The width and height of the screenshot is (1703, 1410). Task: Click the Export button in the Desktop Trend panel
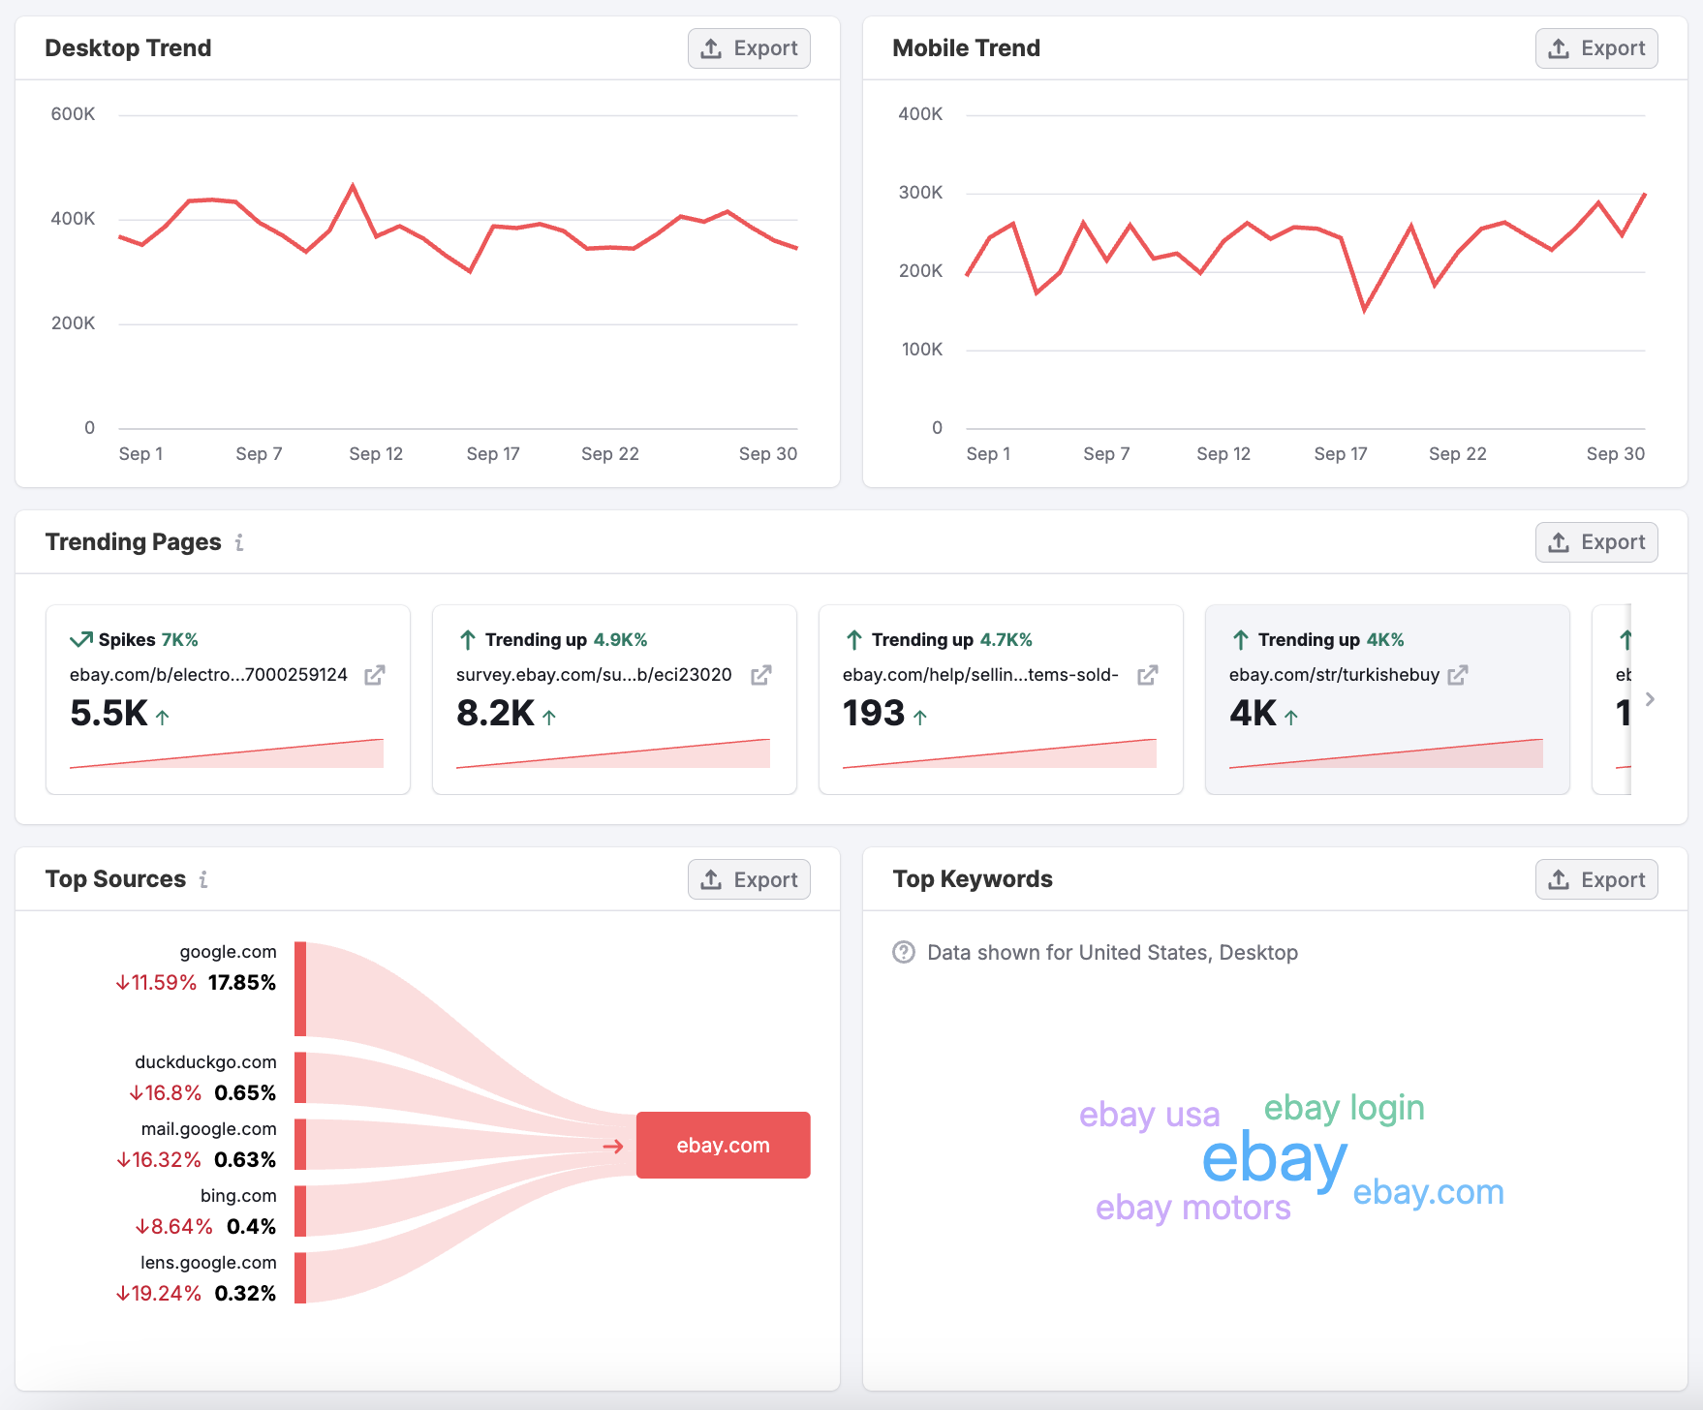tap(749, 48)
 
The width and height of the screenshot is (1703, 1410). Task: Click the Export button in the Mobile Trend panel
tap(1595, 48)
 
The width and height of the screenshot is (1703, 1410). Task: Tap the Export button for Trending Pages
tap(1595, 542)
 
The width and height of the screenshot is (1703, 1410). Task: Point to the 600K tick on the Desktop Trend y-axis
tap(73, 114)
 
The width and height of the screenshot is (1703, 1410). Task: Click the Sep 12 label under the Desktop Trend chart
tap(376, 454)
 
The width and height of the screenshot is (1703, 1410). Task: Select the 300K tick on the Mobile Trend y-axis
tap(920, 193)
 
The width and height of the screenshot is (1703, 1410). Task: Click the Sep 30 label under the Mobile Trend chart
tap(1615, 454)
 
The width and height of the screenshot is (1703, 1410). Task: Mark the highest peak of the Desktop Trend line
tap(353, 185)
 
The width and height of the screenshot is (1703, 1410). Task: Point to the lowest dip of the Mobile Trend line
tap(1364, 310)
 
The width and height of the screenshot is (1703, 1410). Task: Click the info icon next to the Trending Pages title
tap(239, 542)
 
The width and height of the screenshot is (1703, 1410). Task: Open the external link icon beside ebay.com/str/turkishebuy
tap(1458, 675)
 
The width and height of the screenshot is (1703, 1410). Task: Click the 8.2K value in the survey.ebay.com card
tap(495, 714)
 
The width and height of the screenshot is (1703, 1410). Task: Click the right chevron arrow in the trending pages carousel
tap(1650, 699)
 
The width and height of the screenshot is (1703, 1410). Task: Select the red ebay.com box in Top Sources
tap(723, 1145)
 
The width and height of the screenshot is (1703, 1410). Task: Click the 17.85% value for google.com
tap(241, 983)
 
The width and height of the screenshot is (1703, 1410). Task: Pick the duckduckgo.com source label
tap(205, 1062)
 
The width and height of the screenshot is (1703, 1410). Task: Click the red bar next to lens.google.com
tap(300, 1277)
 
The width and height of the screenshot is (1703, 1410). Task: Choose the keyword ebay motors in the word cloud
tap(1192, 1209)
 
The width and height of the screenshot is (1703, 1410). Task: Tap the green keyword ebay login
tap(1344, 1108)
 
